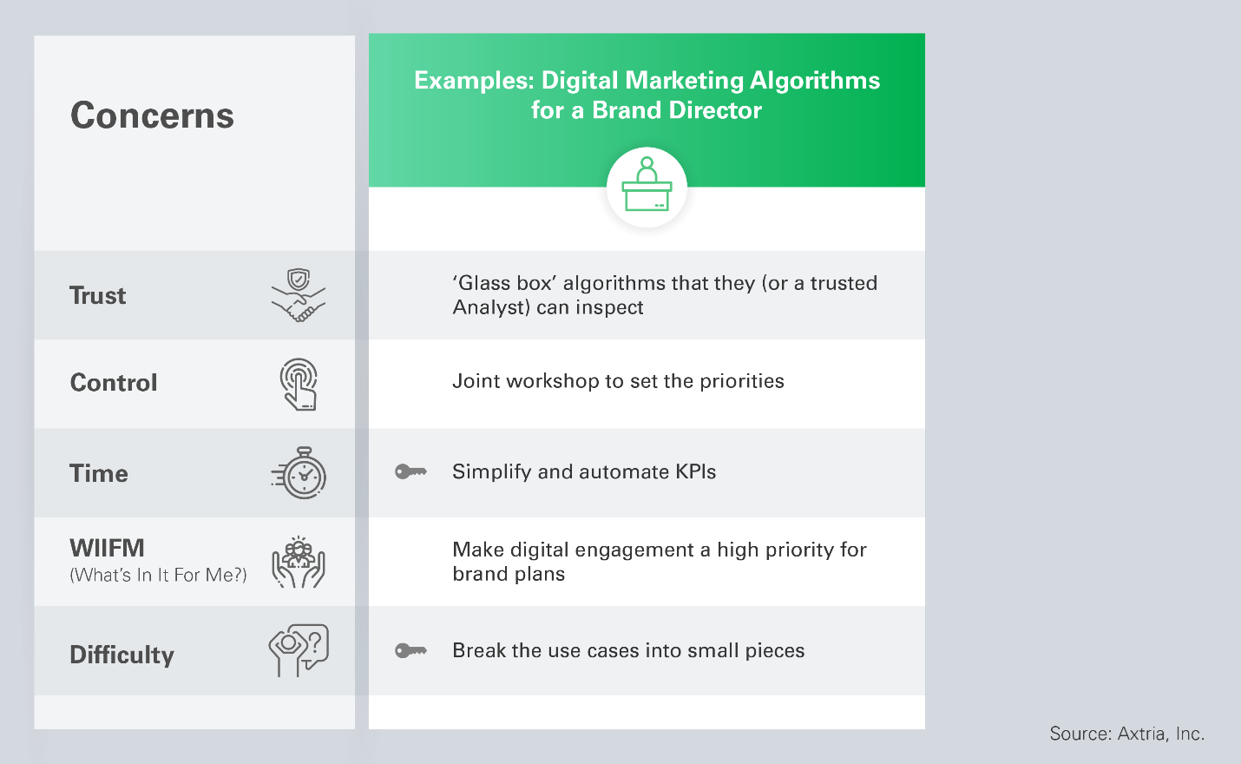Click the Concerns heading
click(x=152, y=115)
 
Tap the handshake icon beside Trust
click(x=299, y=295)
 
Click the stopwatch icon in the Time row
click(x=299, y=473)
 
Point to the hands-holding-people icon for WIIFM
click(x=299, y=563)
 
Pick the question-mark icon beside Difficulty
click(x=299, y=650)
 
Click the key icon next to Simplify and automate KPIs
click(x=410, y=471)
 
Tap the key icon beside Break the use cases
click(x=410, y=650)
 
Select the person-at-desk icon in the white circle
click(x=647, y=185)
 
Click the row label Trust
click(x=97, y=295)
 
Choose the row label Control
click(x=114, y=383)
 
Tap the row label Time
click(x=99, y=473)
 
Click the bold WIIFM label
click(x=107, y=549)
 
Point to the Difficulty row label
click(x=121, y=655)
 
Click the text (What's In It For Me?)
click(x=159, y=575)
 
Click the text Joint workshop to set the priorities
click(x=618, y=381)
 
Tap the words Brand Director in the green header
click(x=677, y=109)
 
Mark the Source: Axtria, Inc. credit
click(x=1126, y=734)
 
